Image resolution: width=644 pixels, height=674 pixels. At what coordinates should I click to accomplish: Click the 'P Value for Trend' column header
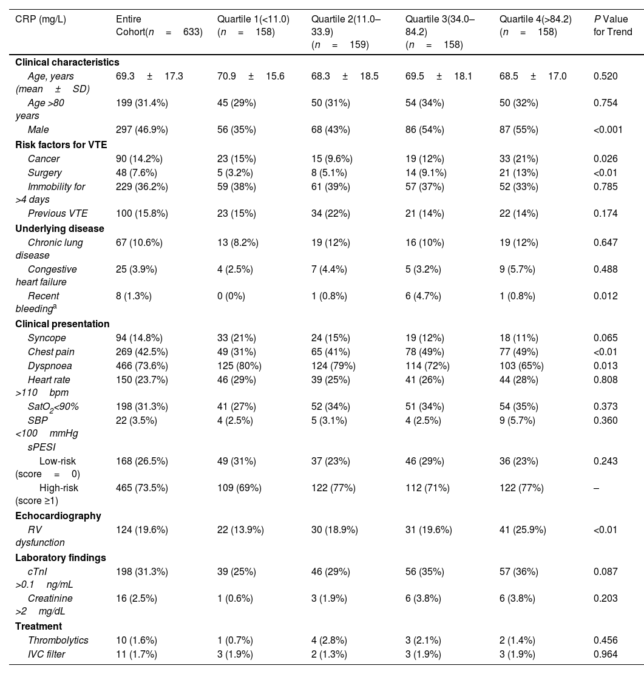point(612,26)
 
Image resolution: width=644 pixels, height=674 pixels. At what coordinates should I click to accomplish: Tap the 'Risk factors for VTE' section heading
point(60,144)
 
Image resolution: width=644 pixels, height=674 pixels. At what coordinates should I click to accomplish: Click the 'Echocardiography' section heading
point(58,516)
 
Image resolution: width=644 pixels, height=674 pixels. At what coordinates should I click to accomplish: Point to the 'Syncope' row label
point(47,338)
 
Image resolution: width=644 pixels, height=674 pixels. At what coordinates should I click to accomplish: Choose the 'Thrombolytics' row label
point(58,640)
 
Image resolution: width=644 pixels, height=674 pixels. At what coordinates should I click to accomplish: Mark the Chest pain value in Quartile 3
point(425,352)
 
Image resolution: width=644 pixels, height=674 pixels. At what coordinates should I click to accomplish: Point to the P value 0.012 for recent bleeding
point(605,296)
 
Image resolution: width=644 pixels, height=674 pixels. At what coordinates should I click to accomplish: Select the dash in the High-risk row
point(596,488)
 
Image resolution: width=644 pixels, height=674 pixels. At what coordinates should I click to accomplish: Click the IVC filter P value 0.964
point(606,654)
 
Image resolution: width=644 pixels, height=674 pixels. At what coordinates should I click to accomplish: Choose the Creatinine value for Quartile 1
point(234,598)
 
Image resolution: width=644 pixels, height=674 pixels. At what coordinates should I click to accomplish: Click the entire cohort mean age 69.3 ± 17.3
point(149,76)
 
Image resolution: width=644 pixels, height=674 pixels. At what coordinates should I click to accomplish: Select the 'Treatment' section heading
point(38,626)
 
